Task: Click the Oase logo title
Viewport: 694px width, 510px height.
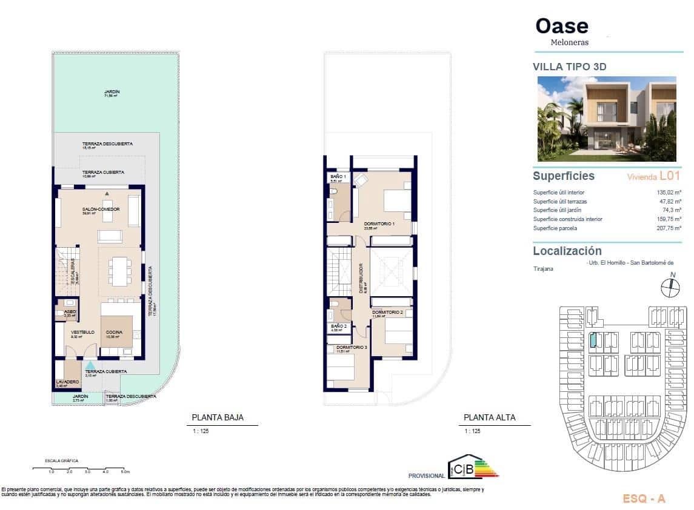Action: (x=562, y=26)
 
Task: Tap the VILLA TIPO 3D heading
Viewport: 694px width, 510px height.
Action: (x=569, y=67)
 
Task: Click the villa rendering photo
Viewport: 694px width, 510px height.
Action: (x=607, y=119)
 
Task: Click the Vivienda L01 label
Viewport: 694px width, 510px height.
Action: (x=653, y=176)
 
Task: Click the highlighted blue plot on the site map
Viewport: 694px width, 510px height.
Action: (x=593, y=340)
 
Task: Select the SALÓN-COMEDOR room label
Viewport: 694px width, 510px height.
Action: (x=101, y=210)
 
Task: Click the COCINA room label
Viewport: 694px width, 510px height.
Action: (x=115, y=332)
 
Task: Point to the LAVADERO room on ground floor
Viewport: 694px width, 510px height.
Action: (x=67, y=381)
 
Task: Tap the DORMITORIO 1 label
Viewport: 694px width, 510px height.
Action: (x=379, y=224)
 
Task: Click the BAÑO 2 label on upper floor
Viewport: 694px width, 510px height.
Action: (x=338, y=326)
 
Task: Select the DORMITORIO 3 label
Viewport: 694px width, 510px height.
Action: (x=352, y=347)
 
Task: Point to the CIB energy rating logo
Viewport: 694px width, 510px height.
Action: (x=472, y=468)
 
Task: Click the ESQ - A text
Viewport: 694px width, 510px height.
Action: (x=644, y=499)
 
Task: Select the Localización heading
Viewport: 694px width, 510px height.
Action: (x=567, y=251)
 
